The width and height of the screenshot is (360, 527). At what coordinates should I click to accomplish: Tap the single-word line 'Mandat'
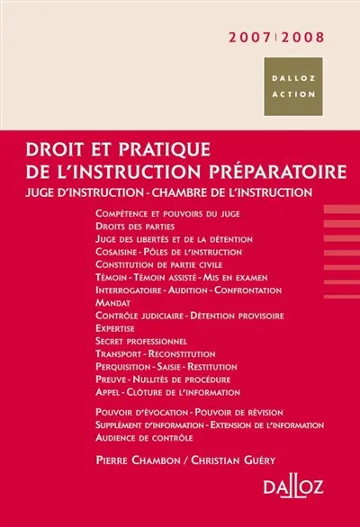(x=112, y=303)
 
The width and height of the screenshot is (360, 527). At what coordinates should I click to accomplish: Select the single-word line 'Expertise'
(x=118, y=329)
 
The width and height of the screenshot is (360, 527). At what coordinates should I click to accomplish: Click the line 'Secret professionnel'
(x=139, y=342)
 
